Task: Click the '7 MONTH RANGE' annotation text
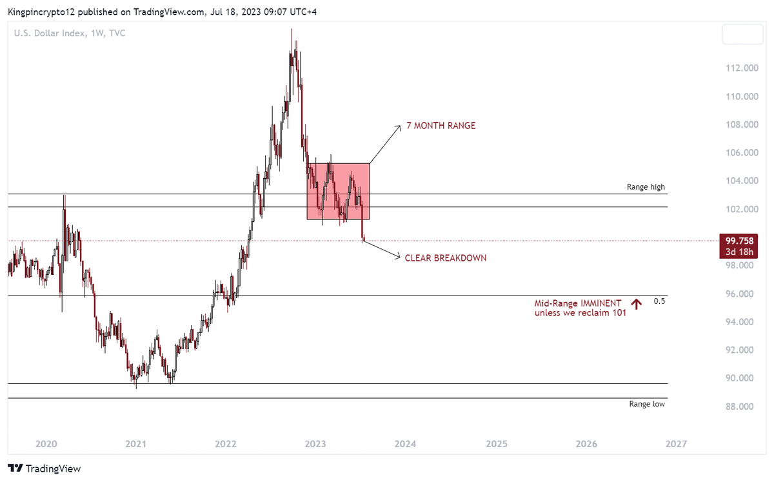tap(441, 126)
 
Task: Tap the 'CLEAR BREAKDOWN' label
tap(445, 258)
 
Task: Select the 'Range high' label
tap(646, 187)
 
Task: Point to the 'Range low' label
tap(647, 404)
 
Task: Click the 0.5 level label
tap(659, 301)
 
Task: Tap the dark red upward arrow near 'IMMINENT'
tap(637, 304)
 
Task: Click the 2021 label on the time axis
tap(135, 444)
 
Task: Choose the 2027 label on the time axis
tap(675, 444)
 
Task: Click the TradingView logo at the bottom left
tap(44, 468)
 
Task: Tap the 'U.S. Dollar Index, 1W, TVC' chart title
tap(70, 33)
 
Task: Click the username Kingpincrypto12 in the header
tap(38, 12)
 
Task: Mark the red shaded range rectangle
tap(337, 191)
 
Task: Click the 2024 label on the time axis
tap(405, 444)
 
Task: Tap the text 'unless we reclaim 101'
tap(580, 313)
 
